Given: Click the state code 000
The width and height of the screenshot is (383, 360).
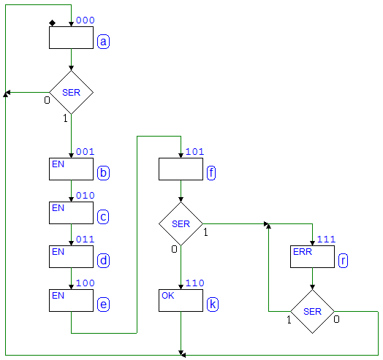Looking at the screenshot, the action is [86, 20].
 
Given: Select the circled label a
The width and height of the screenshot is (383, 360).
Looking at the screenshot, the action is [103, 42].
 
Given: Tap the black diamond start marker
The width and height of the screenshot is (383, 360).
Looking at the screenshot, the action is [53, 23].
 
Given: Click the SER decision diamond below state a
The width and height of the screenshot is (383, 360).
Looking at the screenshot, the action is [71, 92].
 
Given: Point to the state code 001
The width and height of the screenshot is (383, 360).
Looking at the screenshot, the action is [86, 152].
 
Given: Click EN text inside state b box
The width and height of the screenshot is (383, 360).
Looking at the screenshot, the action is [58, 164].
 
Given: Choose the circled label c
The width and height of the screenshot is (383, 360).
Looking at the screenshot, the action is [103, 217].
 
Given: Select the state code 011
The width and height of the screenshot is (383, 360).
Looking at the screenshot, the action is [86, 240].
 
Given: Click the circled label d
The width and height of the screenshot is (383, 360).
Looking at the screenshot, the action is [103, 261].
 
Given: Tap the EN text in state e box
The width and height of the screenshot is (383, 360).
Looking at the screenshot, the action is [58, 296].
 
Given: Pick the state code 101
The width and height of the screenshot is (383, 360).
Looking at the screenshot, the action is [194, 152].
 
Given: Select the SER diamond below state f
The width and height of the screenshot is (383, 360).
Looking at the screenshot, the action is [181, 223].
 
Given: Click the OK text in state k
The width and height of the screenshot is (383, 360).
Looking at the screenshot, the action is [168, 296].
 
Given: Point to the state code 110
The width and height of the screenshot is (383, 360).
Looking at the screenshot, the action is [194, 283].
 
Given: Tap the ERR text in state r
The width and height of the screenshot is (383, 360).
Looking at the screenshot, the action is [303, 252].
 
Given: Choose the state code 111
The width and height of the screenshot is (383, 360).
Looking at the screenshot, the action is [326, 240].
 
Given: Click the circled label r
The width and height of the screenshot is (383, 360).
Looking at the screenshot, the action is [344, 261].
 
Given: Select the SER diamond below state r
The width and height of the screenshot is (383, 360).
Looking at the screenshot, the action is [312, 311].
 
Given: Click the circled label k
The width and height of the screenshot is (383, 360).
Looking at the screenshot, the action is [213, 305].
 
